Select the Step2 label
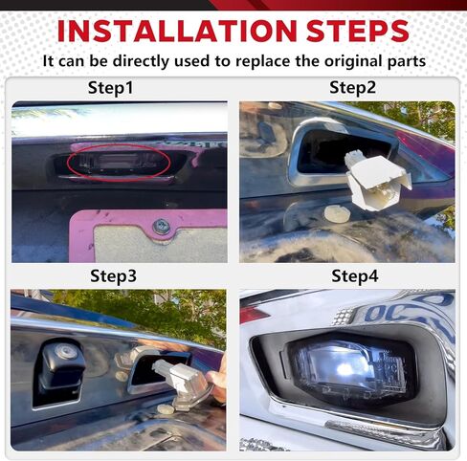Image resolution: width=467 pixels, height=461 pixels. pos(353,88)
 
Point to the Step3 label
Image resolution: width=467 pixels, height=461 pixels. pos(114,276)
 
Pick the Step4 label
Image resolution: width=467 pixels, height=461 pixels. pos(355,276)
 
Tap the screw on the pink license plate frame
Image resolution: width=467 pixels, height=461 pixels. pos(161,227)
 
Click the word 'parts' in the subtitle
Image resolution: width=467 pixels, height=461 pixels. pos(405,61)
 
